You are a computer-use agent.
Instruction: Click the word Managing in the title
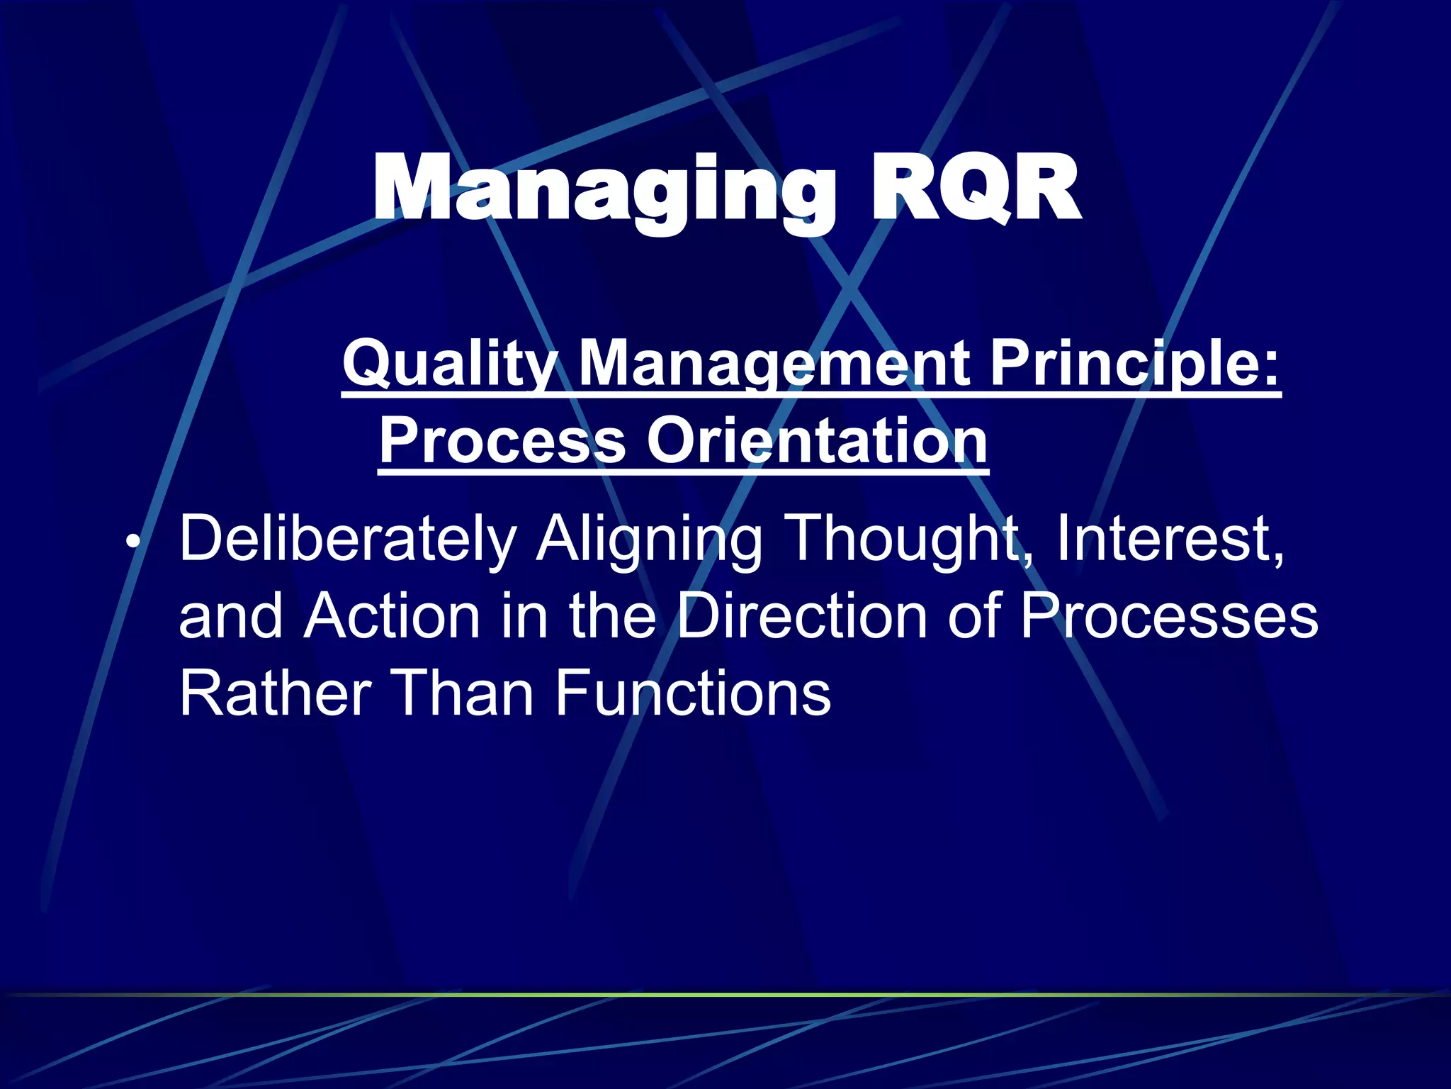pyautogui.click(x=603, y=190)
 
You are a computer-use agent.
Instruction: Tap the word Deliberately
pyautogui.click(x=348, y=539)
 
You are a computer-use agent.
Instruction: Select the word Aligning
pyautogui.click(x=648, y=539)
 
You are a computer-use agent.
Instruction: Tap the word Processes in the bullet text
pyautogui.click(x=1169, y=615)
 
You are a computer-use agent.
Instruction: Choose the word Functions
pyautogui.click(x=692, y=693)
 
